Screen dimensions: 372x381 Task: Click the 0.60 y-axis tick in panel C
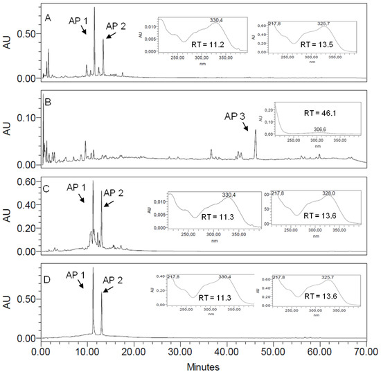[x=28, y=181]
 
